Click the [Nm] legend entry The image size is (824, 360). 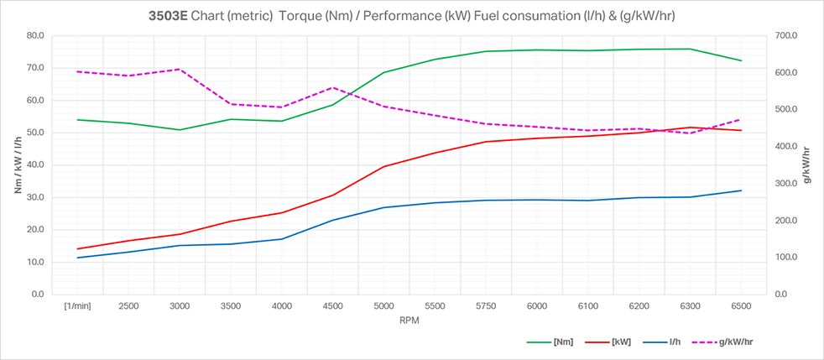[563, 342]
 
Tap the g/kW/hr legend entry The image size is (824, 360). [736, 342]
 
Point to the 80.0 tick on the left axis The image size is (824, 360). [34, 35]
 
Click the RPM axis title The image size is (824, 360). [409, 320]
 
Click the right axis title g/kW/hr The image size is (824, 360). [806, 164]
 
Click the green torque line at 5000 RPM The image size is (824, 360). [384, 72]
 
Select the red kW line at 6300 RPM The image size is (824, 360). [690, 128]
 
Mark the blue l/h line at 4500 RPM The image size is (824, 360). [333, 220]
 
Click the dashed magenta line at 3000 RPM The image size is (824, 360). [180, 70]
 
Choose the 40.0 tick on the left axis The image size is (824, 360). [34, 164]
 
